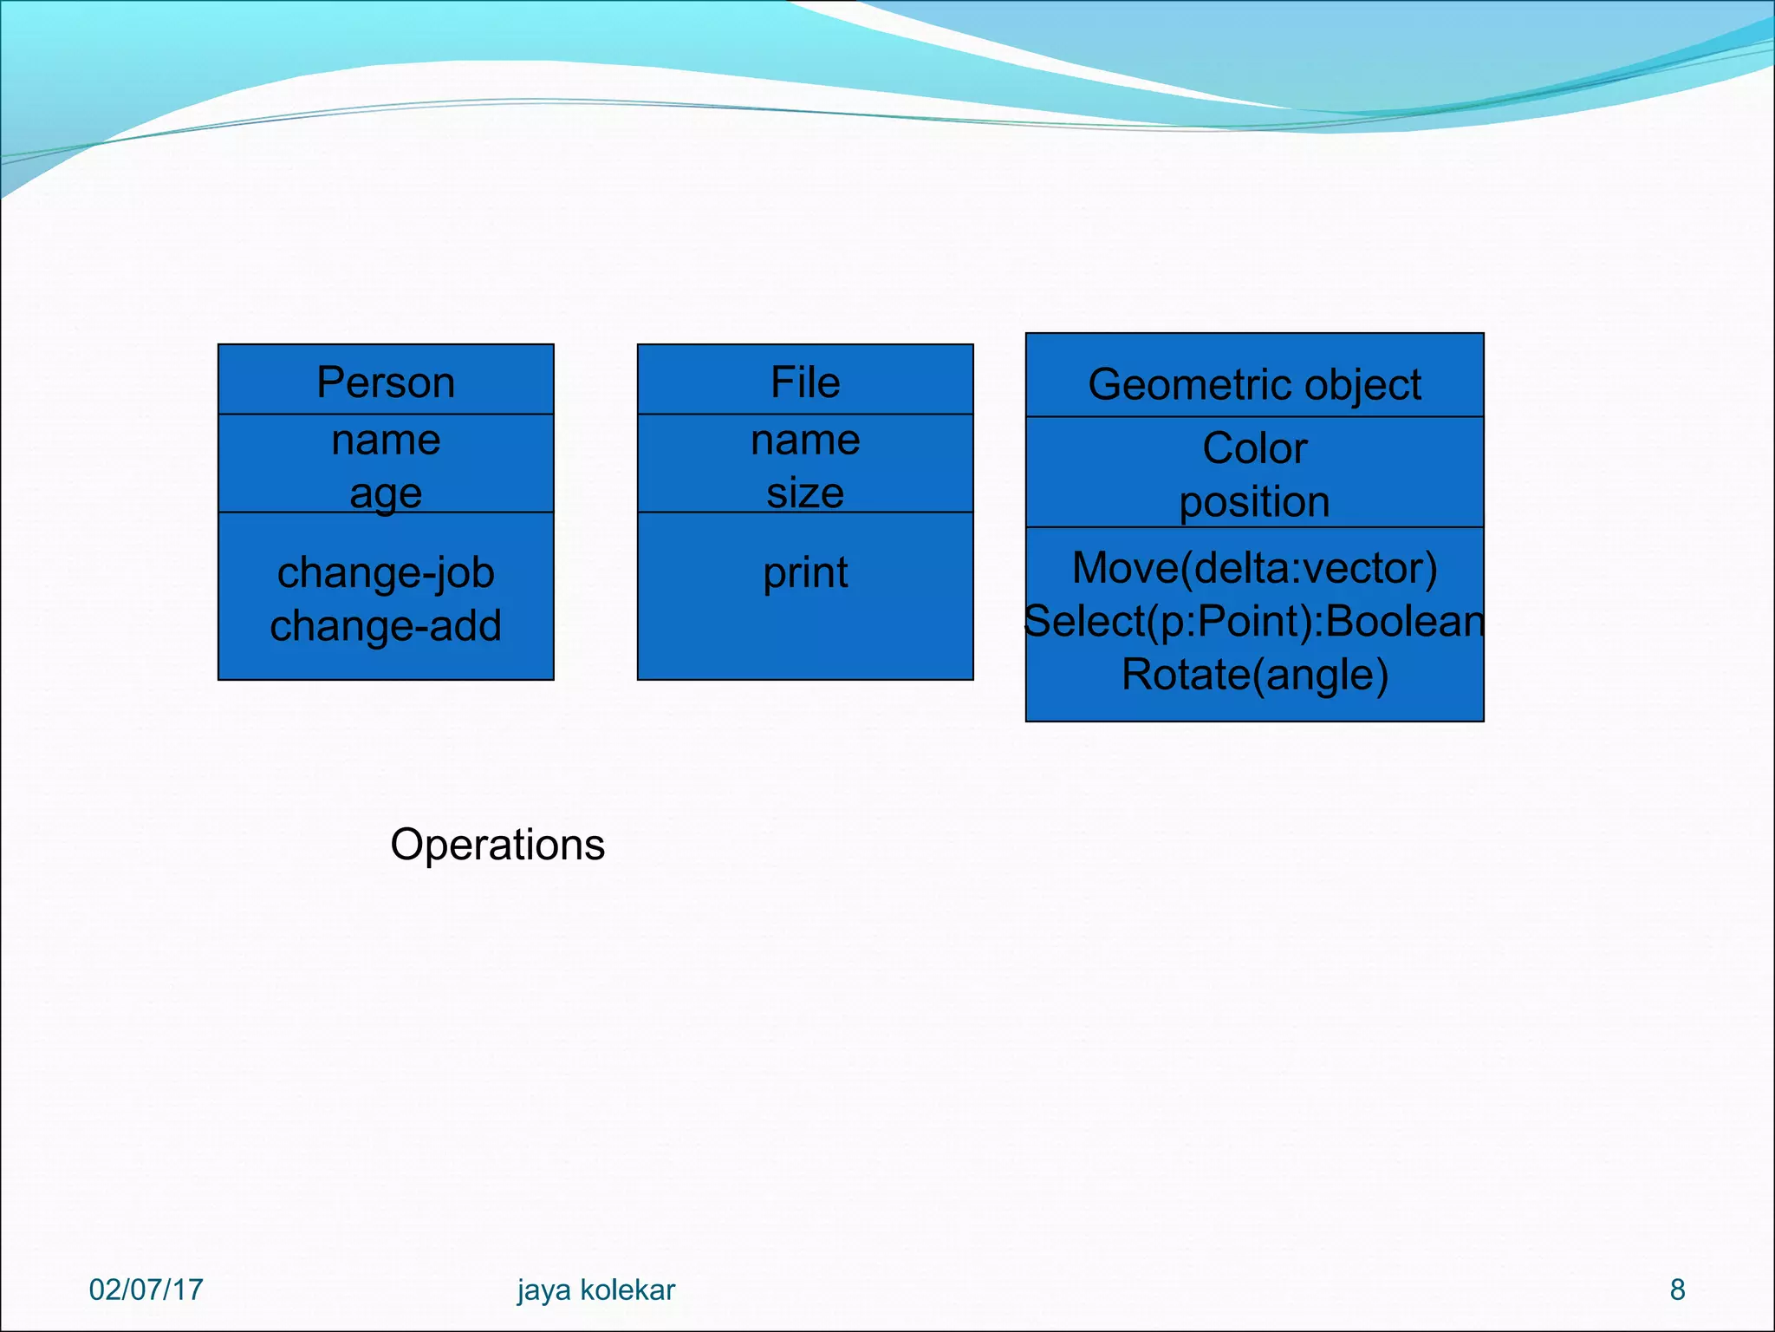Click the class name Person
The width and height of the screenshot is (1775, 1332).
point(386,382)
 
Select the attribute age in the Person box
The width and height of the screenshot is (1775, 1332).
point(386,493)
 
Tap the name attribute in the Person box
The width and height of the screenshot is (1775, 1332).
point(386,440)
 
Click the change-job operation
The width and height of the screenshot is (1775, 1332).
point(386,572)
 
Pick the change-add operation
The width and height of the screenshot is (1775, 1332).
point(386,625)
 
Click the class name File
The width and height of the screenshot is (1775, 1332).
point(805,382)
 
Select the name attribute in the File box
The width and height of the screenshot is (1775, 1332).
point(805,440)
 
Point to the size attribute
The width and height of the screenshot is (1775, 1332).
point(805,493)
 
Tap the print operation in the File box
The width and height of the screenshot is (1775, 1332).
point(805,572)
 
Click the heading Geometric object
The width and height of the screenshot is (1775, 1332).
point(1254,384)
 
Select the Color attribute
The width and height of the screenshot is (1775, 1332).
point(1254,448)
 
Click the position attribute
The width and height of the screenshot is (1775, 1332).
point(1254,502)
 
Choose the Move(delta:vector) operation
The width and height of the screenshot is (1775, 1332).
point(1254,568)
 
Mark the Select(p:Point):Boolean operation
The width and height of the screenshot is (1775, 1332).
point(1254,621)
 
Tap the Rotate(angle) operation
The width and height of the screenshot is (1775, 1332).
point(1254,674)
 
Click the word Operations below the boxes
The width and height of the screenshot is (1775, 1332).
point(497,844)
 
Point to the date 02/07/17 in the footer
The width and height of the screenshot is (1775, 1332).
point(146,1290)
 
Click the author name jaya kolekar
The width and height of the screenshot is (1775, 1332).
point(595,1290)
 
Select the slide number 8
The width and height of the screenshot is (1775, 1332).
point(1677,1290)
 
